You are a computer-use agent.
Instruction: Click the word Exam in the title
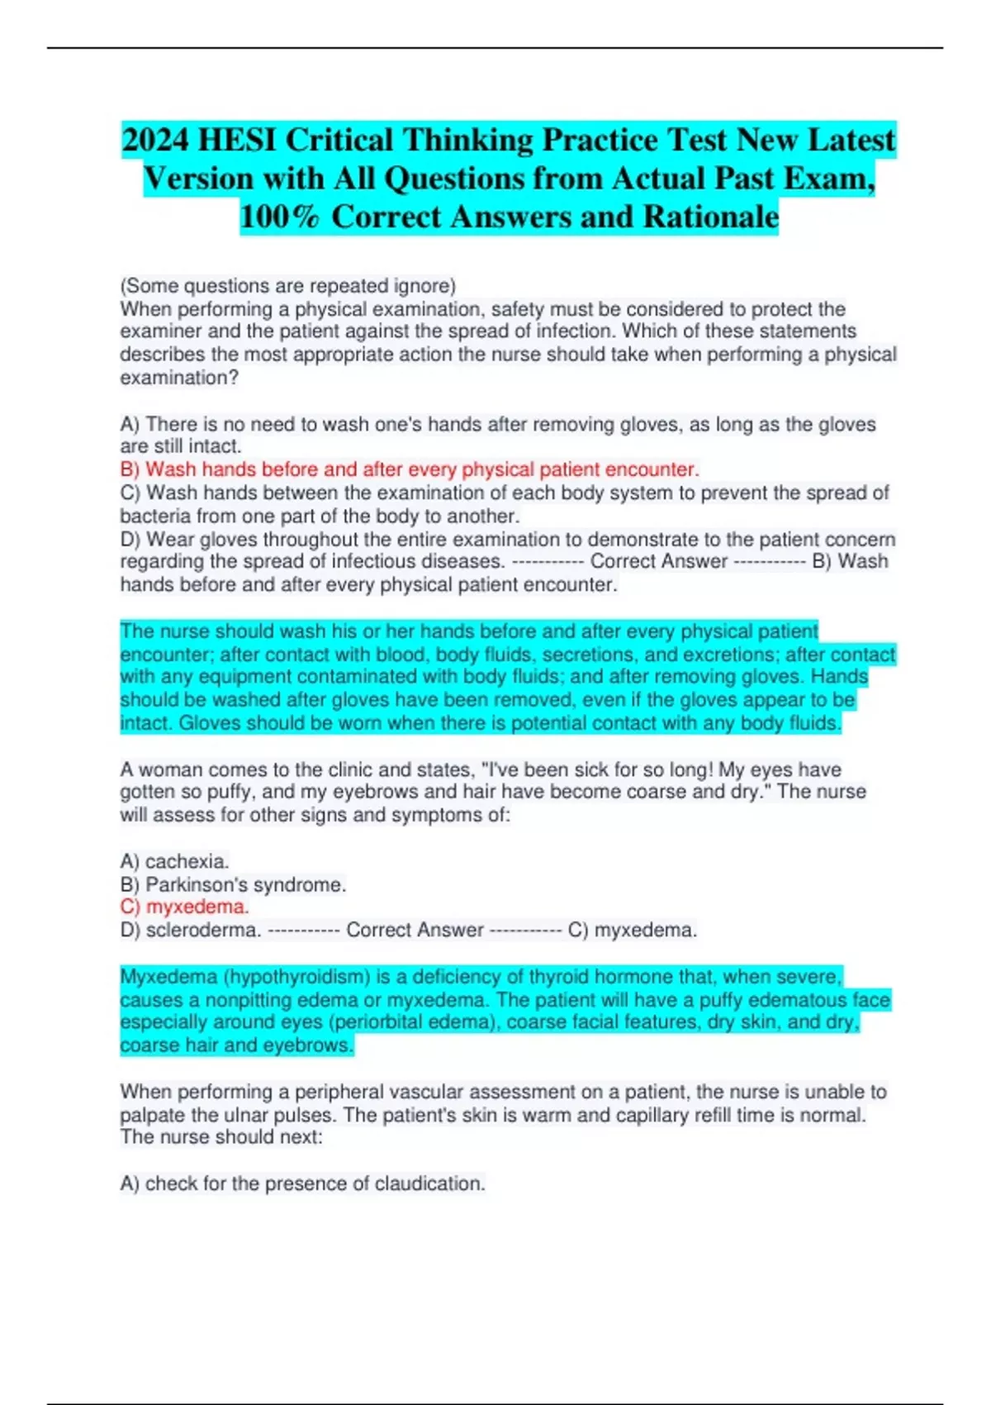(x=829, y=179)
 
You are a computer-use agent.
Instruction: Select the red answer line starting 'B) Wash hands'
(x=410, y=469)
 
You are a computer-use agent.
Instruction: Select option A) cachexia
(x=174, y=861)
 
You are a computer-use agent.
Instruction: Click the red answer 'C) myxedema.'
(x=184, y=907)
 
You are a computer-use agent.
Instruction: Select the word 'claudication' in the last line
(x=429, y=1184)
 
